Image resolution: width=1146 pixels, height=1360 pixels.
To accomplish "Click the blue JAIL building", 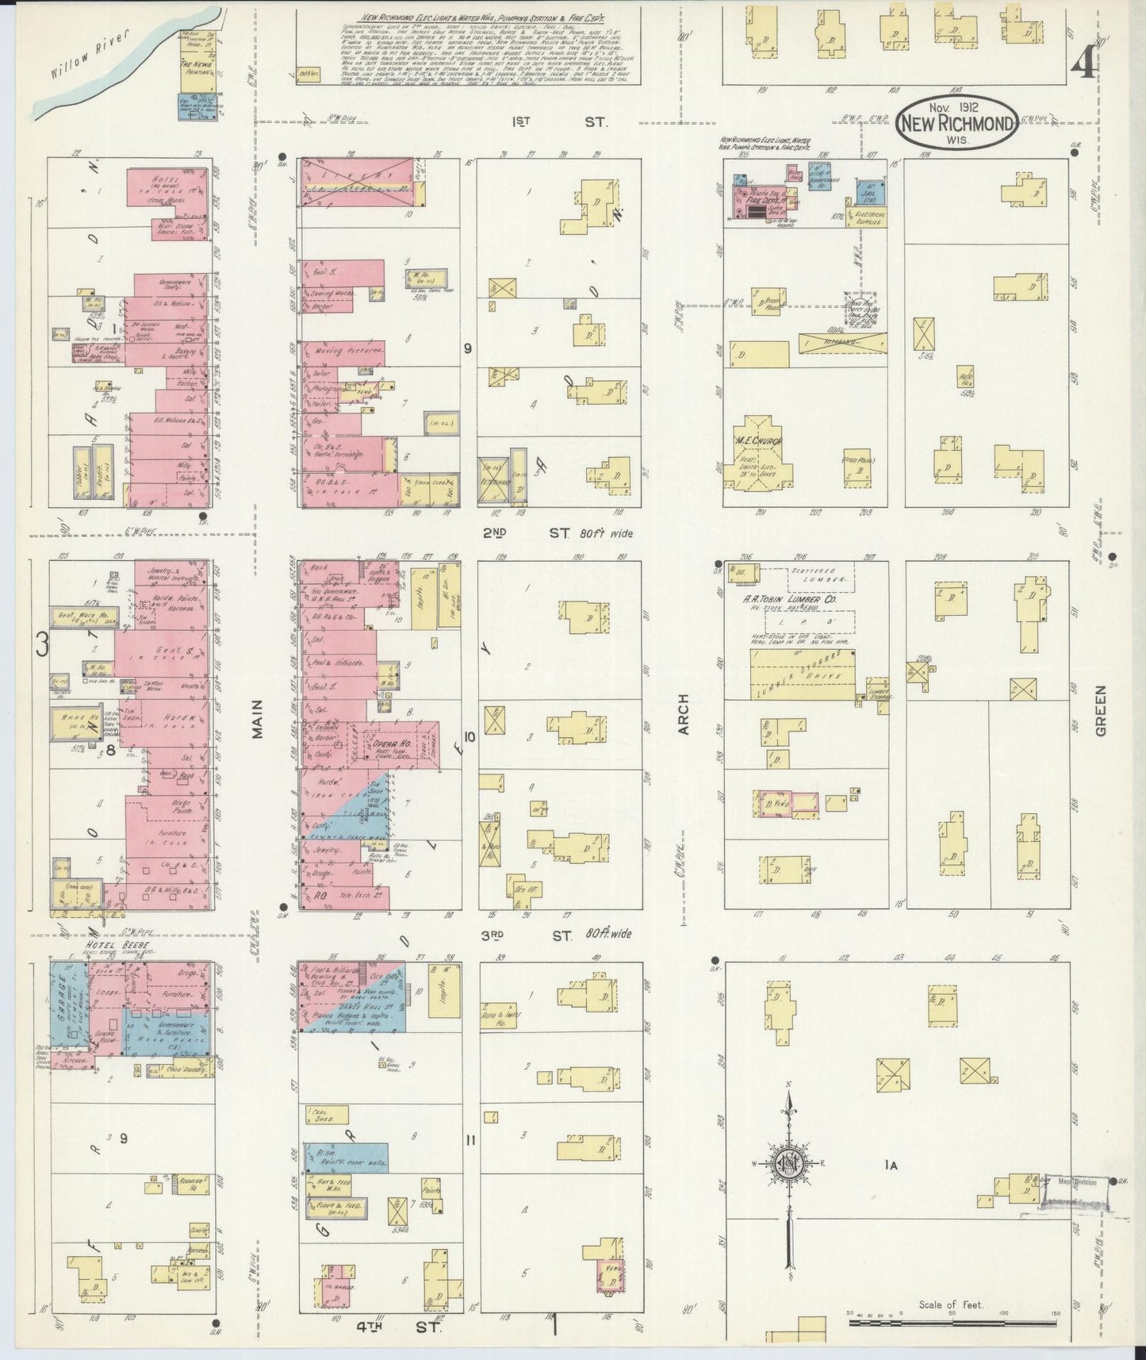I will (x=869, y=191).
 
